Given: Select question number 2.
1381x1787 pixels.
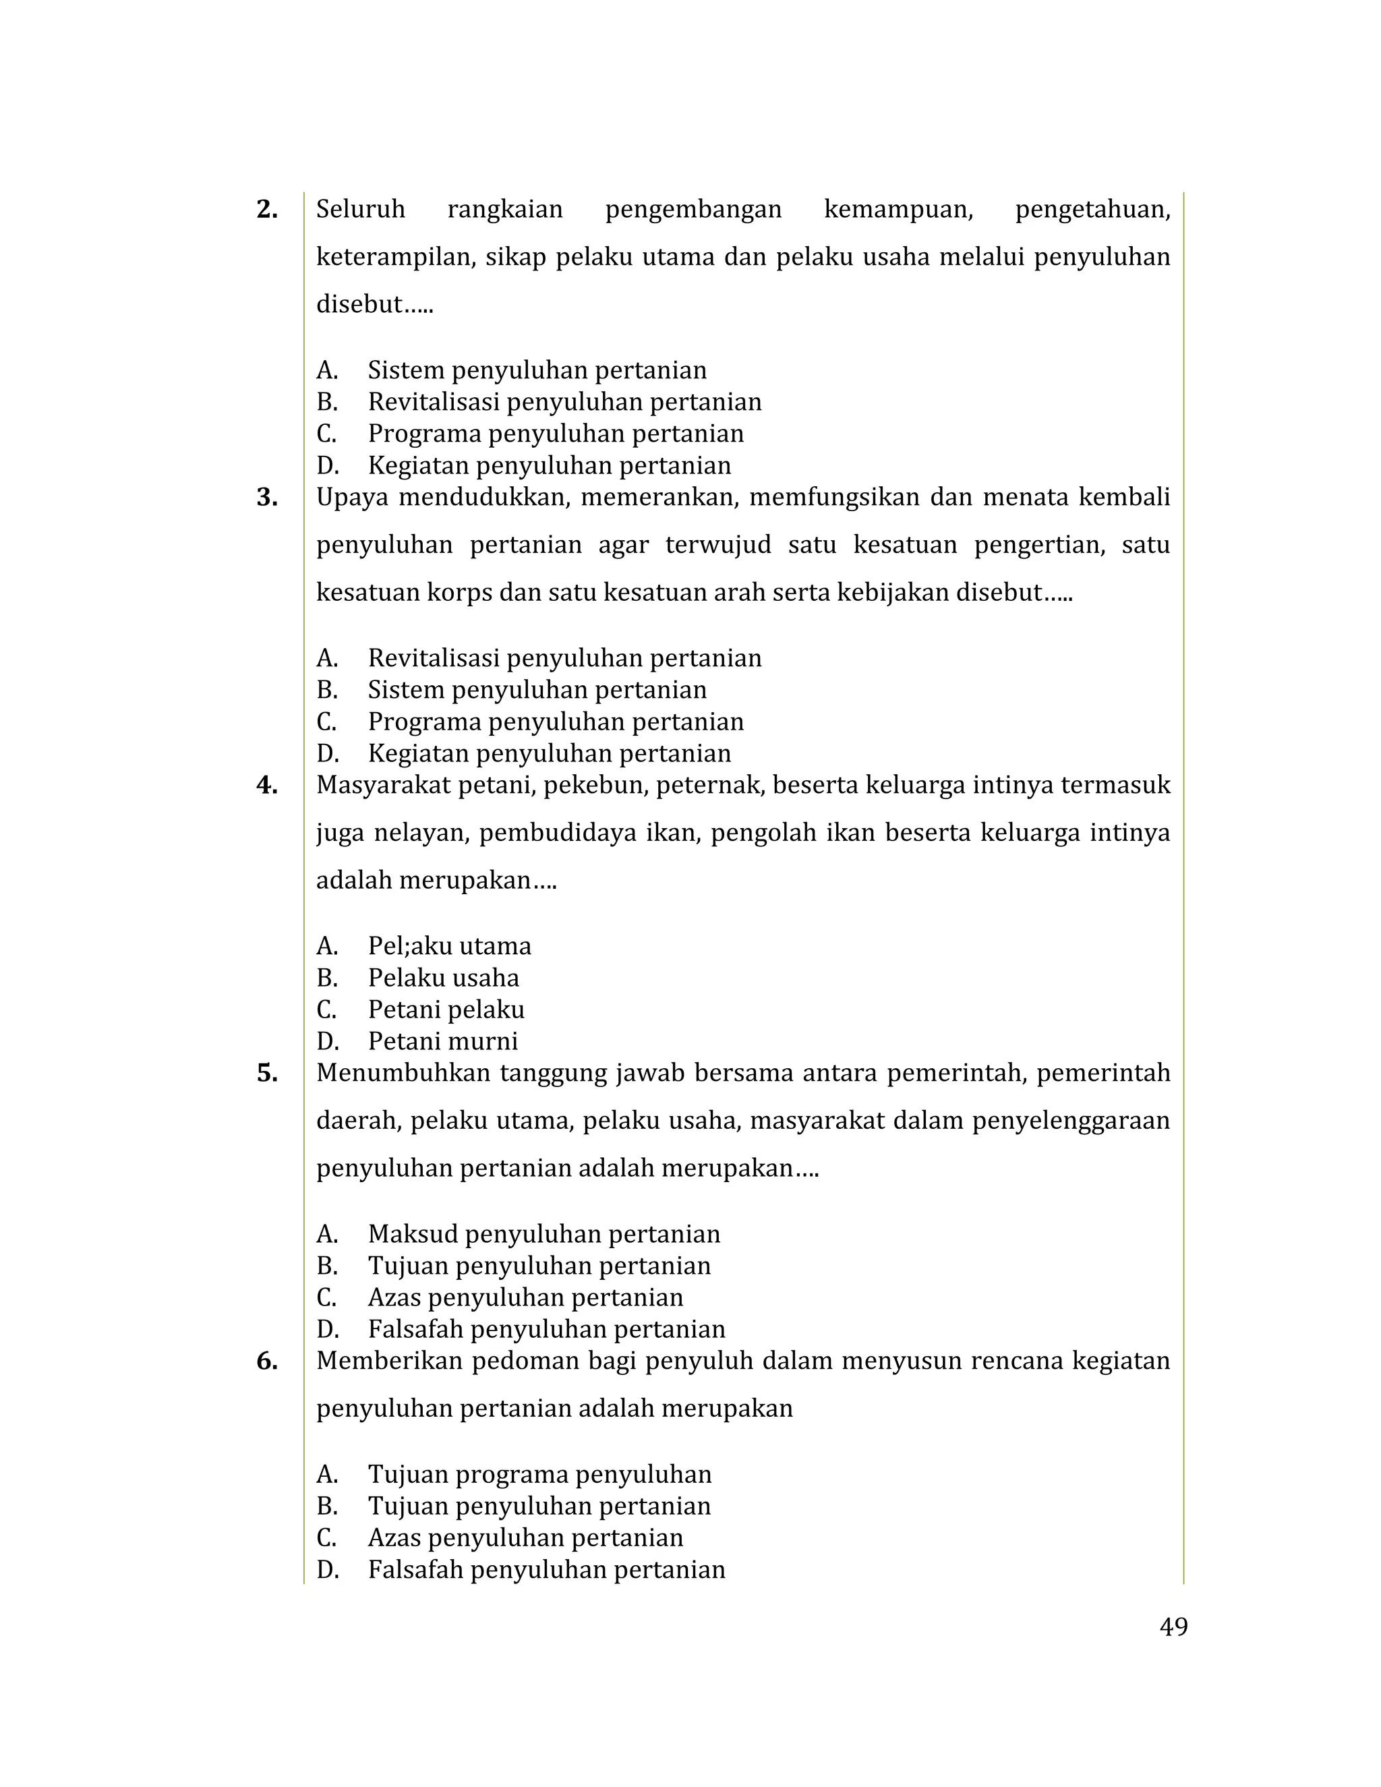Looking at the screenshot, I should tap(267, 210).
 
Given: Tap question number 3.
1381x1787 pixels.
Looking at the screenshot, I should tap(267, 498).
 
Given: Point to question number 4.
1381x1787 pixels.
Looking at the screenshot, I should tap(267, 786).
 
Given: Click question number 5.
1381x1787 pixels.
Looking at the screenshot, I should tap(267, 1074).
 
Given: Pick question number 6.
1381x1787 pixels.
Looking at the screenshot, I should tap(267, 1361).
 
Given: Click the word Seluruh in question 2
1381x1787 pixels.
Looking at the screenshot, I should tap(360, 210).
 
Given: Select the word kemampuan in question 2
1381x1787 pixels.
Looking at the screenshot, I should tap(898, 210).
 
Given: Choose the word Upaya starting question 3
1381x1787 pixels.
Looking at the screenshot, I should tap(352, 498).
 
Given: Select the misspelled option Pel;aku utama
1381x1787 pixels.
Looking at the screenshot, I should tap(449, 947).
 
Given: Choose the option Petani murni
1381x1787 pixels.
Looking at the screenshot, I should tap(442, 1042).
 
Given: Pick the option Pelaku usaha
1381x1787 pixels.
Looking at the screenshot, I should tap(442, 978).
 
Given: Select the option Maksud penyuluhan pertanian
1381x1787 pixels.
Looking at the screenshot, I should tap(543, 1235).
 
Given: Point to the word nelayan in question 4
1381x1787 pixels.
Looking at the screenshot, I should tap(417, 833).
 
